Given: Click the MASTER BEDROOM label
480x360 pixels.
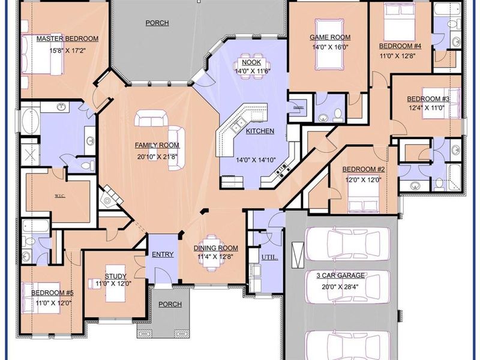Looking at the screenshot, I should [x=67, y=38].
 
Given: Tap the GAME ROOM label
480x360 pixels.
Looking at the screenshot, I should [x=330, y=37].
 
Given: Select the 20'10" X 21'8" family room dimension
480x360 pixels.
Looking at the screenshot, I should [x=156, y=157].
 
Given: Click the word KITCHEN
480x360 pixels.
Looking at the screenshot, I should [x=260, y=131].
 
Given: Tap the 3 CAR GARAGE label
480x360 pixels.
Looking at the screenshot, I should [x=341, y=275].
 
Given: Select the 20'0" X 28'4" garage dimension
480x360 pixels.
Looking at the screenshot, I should [x=341, y=287].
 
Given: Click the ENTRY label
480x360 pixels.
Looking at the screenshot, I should [x=163, y=254].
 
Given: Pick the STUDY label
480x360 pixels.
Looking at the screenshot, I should [x=114, y=276].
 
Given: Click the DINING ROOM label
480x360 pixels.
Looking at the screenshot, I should [x=215, y=248].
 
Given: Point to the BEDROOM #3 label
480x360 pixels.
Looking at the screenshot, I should [x=428, y=99].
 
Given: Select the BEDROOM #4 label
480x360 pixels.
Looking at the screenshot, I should [x=400, y=46].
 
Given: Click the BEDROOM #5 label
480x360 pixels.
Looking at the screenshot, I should [x=52, y=293].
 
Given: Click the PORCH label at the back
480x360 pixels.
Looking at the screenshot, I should [x=157, y=23].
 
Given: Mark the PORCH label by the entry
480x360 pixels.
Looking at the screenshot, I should [x=170, y=304].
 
